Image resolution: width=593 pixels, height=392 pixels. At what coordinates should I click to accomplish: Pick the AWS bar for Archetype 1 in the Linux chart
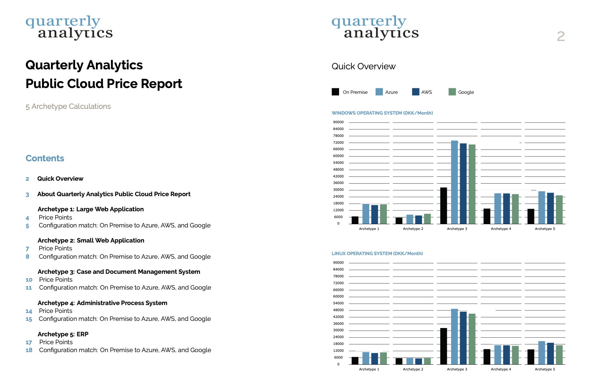point(375,359)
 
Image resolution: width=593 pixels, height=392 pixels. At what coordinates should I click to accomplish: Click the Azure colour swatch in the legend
point(379,92)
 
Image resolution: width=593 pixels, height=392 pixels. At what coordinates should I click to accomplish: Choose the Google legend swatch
point(452,92)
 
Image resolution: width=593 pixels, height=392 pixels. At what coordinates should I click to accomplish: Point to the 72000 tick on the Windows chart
point(338,143)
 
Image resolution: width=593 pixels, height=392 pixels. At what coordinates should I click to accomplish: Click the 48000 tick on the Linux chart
point(338,310)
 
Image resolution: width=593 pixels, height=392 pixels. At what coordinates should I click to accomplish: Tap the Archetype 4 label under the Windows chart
point(501,229)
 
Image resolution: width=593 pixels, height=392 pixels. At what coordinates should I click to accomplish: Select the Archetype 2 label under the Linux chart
point(413,369)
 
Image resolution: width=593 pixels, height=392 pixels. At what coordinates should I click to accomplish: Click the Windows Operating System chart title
point(382,113)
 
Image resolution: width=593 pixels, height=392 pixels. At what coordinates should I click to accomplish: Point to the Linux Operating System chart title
point(377,254)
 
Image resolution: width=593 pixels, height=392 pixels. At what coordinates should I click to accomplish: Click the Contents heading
point(45,158)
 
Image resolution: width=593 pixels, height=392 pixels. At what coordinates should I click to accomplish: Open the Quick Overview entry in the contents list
point(60,179)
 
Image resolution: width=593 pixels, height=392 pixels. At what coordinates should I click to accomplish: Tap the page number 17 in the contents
point(29,343)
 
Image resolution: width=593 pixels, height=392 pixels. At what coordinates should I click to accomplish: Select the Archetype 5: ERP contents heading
point(63,334)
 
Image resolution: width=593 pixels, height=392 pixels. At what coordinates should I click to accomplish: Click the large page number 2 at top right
point(561,36)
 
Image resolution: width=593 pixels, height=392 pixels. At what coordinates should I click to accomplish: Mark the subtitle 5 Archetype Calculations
point(68,106)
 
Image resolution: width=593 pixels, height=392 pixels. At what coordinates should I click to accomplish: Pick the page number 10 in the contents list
point(29,280)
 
